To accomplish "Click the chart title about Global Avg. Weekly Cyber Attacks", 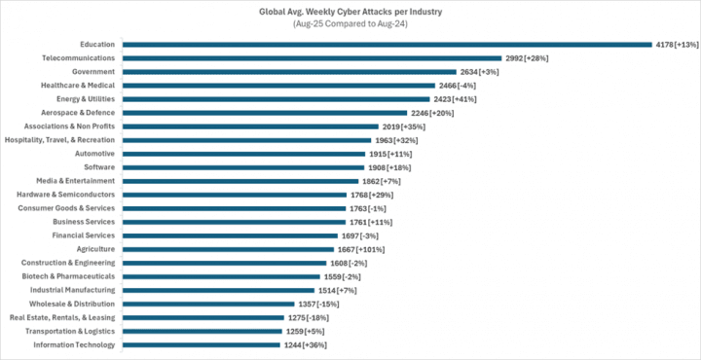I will [350, 11].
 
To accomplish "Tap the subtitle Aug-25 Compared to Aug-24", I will [350, 23].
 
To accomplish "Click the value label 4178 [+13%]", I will [677, 44].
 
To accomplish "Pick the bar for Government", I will [289, 71].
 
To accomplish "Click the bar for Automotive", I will [243, 153].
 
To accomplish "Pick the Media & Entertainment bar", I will [240, 180].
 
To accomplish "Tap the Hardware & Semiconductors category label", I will [66, 194].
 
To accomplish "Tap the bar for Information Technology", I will [202, 344].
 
